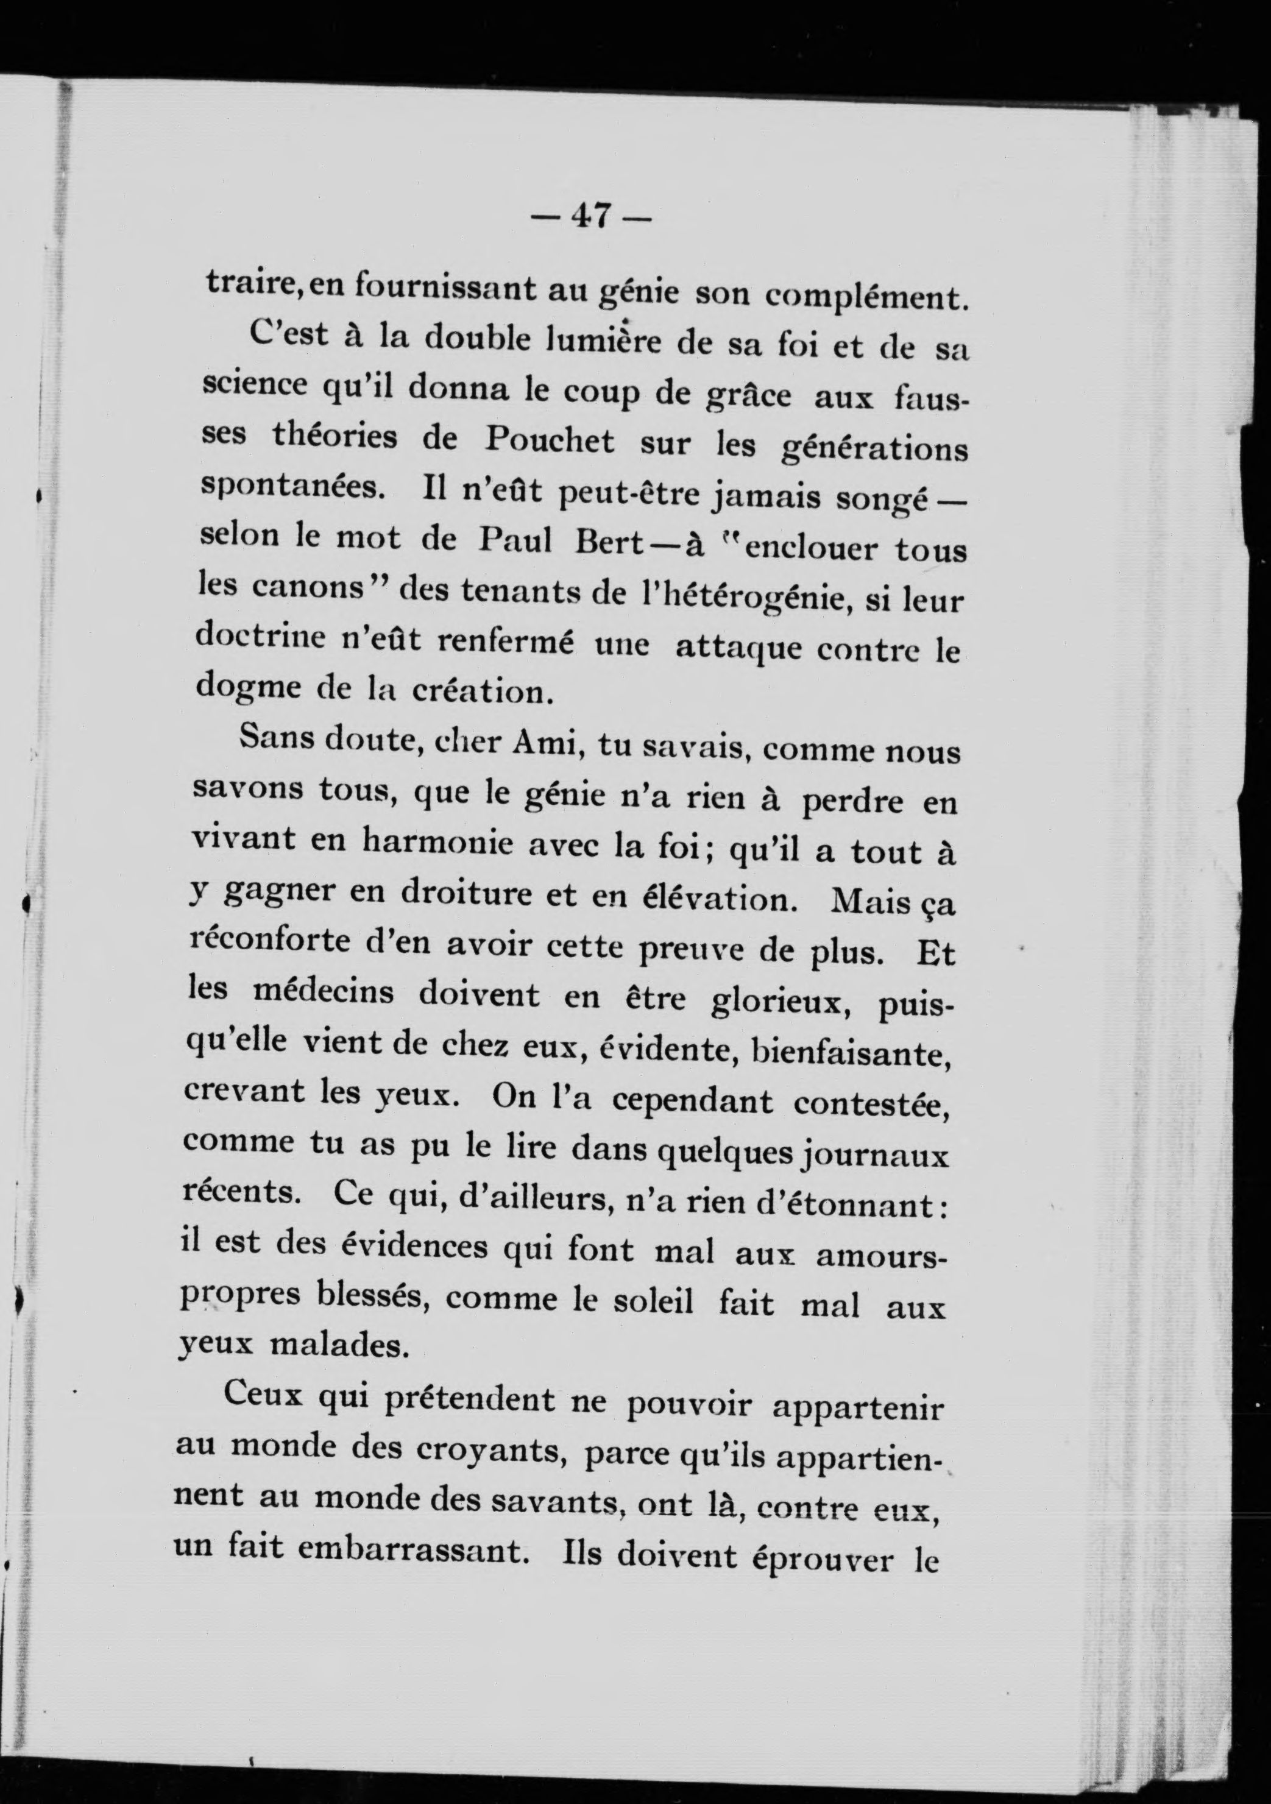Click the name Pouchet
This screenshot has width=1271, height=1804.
pyautogui.click(x=549, y=440)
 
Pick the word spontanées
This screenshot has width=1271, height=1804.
pyautogui.click(x=291, y=488)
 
